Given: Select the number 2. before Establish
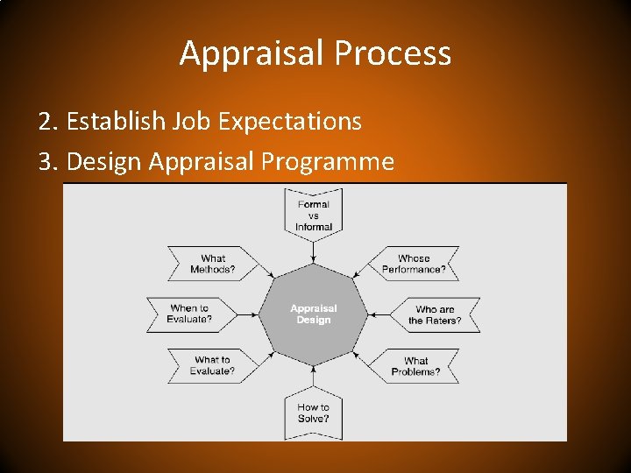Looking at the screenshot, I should point(48,121).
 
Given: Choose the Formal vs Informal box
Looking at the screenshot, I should point(314,215).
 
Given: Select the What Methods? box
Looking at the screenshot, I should point(213,264).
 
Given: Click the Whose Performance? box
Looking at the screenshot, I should point(414,264).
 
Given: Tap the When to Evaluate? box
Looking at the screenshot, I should point(190,314).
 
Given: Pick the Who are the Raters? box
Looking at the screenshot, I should point(436,314).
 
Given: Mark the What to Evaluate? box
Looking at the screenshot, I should point(213,364).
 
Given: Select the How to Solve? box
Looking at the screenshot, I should point(314,413).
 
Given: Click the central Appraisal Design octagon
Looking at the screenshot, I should point(314,314).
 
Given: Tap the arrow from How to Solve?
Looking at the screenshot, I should point(314,375).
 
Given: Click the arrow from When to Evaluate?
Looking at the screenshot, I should point(248,314).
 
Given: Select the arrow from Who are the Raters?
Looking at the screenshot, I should point(379,314).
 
